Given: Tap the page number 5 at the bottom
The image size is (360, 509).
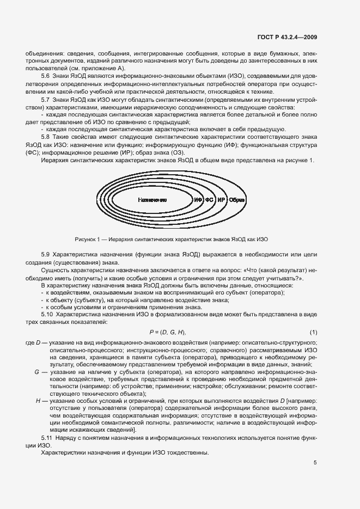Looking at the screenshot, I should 315,463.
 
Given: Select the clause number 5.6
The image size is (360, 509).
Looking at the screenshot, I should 46,76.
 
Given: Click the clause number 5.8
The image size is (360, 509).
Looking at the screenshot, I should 46,137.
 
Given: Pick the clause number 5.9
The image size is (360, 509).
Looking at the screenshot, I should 46,255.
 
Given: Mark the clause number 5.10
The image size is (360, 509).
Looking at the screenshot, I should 48,315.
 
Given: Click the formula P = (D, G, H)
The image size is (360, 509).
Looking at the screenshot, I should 168,332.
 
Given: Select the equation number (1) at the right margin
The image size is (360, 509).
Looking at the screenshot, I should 313,332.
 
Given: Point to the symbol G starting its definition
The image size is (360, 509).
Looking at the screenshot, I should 36,372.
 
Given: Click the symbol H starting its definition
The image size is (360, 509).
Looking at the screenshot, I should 38,400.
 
